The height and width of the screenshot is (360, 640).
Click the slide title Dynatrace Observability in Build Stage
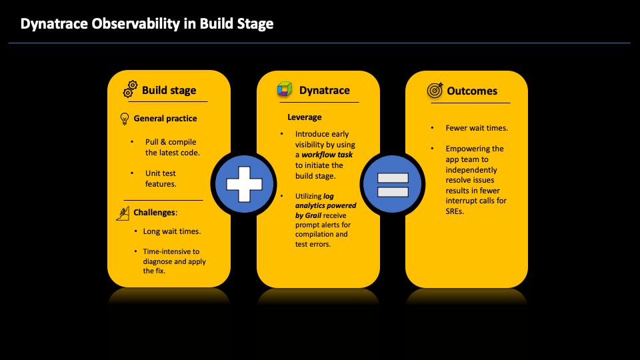(x=147, y=24)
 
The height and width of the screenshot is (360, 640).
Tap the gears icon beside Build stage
(x=130, y=90)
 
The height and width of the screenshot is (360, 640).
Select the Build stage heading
(x=169, y=91)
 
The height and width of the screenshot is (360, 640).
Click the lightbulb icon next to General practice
(x=124, y=119)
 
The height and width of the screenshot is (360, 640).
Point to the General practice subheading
(x=165, y=119)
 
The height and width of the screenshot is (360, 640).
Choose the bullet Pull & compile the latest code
(x=172, y=147)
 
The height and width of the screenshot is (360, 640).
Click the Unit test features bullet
(x=161, y=178)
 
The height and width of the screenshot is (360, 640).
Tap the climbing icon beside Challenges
(x=123, y=213)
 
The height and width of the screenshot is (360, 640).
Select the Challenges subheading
(x=155, y=213)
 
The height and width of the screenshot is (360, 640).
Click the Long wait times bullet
(x=172, y=231)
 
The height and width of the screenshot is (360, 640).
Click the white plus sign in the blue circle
(x=243, y=183)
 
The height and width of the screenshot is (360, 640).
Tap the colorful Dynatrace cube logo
(x=285, y=90)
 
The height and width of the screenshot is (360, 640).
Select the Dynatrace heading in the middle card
(x=324, y=91)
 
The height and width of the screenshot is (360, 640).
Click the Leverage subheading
(x=304, y=117)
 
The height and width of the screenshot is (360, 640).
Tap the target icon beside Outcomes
(x=435, y=91)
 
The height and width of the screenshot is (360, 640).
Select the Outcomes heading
(x=472, y=91)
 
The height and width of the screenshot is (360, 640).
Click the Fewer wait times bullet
(x=477, y=128)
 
